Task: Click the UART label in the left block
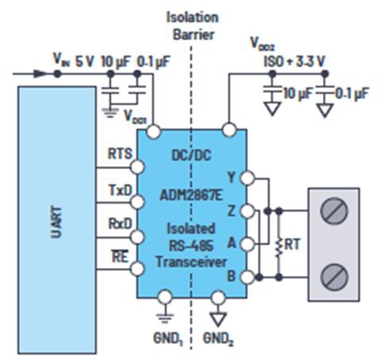click(x=56, y=222)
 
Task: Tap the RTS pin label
click(x=120, y=154)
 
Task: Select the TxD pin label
click(x=121, y=190)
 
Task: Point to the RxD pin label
click(x=120, y=224)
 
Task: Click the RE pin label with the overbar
click(x=120, y=256)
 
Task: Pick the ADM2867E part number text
click(x=191, y=196)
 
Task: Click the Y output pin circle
click(x=247, y=178)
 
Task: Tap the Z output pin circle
click(x=247, y=211)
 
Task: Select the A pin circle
click(x=247, y=244)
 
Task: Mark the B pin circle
click(x=247, y=278)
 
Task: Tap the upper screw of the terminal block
click(x=334, y=211)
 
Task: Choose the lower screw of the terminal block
click(x=334, y=277)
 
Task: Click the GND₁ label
click(x=168, y=339)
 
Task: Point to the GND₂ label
click(x=218, y=339)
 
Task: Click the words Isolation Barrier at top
click(x=193, y=26)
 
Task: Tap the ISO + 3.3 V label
click(x=294, y=62)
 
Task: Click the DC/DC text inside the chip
click(x=191, y=155)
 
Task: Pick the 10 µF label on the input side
click(x=116, y=62)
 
